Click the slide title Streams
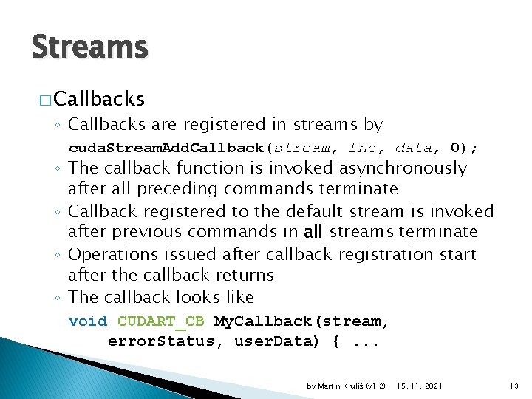point(89,47)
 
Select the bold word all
point(313,232)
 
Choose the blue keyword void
point(87,321)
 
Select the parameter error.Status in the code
point(156,341)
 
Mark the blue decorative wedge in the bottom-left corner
point(44,373)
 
